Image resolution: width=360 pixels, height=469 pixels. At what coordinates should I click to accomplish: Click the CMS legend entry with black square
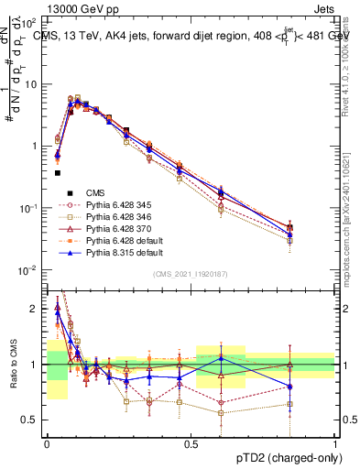[x=96, y=191]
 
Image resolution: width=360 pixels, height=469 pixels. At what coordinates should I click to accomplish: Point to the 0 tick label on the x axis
[x=46, y=443]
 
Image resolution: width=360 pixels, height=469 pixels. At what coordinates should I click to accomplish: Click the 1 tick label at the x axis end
[x=334, y=443]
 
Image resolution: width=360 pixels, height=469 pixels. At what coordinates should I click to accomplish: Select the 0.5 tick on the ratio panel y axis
[x=32, y=420]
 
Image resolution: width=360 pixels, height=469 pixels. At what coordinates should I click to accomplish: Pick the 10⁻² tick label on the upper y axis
[x=30, y=269]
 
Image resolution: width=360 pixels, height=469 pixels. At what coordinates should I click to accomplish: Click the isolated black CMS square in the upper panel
[x=57, y=172]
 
